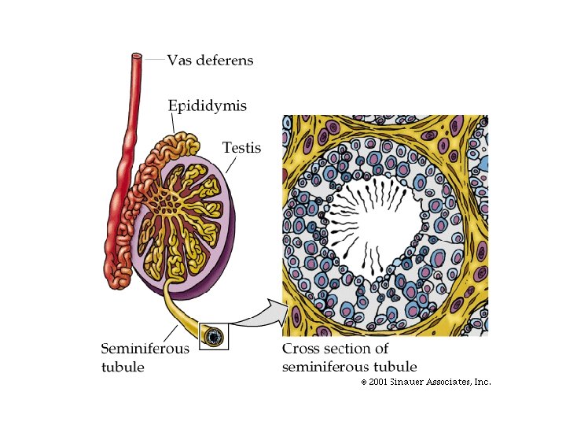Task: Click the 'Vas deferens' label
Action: (x=210, y=61)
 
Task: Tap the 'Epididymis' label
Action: (x=207, y=105)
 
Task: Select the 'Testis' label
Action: (x=241, y=147)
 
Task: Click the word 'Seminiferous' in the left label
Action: (x=145, y=349)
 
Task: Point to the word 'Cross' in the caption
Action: (x=300, y=349)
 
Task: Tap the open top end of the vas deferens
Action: (x=137, y=57)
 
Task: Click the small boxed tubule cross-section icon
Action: (x=212, y=337)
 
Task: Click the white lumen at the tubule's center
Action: (x=377, y=228)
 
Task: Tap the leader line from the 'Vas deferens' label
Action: (x=154, y=59)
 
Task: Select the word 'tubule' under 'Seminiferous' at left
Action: (x=123, y=368)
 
